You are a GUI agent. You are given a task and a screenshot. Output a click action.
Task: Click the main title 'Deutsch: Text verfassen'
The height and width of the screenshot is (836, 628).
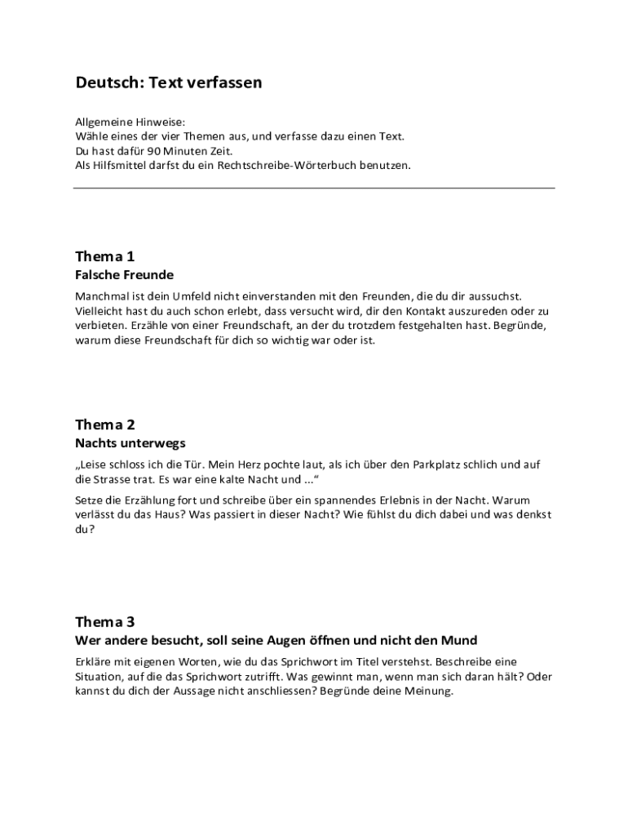point(169,82)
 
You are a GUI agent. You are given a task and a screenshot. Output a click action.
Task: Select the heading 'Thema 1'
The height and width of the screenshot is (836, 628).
point(105,256)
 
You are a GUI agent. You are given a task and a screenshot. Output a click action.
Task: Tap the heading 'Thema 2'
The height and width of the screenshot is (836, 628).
point(105,424)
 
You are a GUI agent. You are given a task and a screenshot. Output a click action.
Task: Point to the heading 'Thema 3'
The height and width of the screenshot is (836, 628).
point(105,620)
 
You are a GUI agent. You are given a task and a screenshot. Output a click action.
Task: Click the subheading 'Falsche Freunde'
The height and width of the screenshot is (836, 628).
point(124,275)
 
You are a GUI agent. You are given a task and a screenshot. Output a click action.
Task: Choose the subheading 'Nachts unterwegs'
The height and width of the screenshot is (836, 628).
point(130,443)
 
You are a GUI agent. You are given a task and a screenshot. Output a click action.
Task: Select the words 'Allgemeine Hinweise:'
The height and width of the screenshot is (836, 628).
point(130,121)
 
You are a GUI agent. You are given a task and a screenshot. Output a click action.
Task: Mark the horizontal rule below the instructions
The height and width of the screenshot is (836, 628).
point(314,189)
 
